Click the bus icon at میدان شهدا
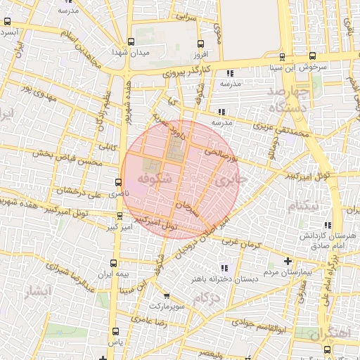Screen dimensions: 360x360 (x=131, y=42)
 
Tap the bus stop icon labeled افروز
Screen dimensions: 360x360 (x=201, y=44)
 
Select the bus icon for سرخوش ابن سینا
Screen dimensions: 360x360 (x=313, y=57)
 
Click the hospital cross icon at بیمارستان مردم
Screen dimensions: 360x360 (x=287, y=262)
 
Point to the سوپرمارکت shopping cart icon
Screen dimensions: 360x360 (x=166, y=297)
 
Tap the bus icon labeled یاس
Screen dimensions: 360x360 (x=115, y=330)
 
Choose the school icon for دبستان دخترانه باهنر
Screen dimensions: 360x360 (x=224, y=268)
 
